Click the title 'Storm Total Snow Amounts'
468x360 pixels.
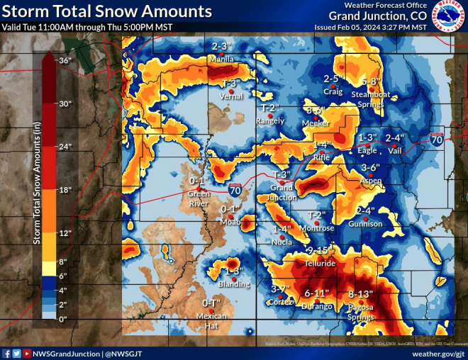point(106,12)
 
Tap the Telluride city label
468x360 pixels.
point(320,263)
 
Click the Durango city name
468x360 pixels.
point(317,306)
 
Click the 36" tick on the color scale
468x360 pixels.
point(65,61)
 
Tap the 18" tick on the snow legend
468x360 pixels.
point(65,191)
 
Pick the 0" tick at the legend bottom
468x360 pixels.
point(64,319)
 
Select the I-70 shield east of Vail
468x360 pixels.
point(437,140)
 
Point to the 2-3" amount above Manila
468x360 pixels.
point(221,47)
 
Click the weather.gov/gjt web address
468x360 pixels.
point(438,352)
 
